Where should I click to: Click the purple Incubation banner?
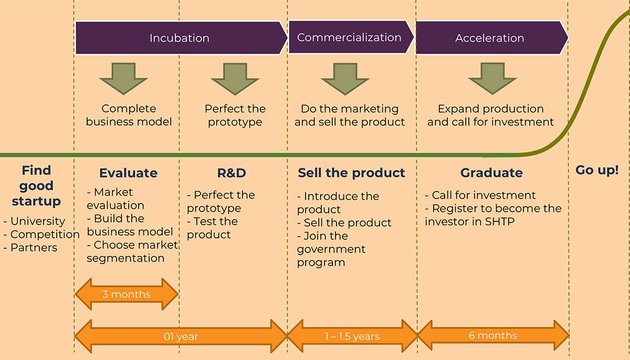coord(180,38)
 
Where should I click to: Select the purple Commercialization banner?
coord(349,37)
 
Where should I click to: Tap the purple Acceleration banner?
coord(490,38)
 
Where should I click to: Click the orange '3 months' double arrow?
coord(127,294)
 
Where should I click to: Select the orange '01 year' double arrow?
coord(181,336)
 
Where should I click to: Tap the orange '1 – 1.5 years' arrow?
coord(352,336)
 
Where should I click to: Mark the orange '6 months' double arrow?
coord(492,335)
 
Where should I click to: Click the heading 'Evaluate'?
coord(128,173)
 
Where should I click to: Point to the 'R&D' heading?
coord(231,173)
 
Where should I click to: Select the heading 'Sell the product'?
coord(351,173)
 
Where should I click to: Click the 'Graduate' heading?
coord(491,173)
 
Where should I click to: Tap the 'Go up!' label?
coord(597,171)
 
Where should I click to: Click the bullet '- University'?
coord(34,221)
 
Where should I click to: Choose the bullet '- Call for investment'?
coord(480,195)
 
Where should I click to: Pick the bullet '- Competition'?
coord(41,235)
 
